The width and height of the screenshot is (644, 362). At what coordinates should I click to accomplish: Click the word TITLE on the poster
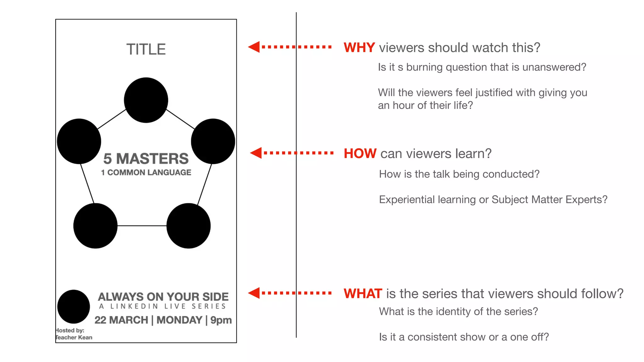[146, 49]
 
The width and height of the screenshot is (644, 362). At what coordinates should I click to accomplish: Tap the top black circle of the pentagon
[146, 100]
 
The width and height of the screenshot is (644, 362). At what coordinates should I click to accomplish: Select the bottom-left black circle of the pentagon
[95, 226]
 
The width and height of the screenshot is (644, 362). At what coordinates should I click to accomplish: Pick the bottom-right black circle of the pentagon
[188, 226]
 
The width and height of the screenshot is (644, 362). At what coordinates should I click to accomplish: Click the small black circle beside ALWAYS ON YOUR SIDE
[74, 306]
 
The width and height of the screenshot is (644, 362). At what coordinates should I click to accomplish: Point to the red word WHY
[359, 48]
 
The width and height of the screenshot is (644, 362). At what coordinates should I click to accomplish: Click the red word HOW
[360, 154]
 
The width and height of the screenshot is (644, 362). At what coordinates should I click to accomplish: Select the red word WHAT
[363, 293]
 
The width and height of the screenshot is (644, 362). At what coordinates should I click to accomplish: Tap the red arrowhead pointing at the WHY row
[254, 47]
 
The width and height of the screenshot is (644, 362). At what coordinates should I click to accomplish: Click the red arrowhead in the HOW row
[256, 153]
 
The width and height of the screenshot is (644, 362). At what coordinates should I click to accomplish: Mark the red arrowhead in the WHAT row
[254, 293]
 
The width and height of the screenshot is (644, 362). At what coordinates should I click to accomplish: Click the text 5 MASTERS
[146, 159]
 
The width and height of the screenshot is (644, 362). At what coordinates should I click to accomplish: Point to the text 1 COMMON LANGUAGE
[146, 173]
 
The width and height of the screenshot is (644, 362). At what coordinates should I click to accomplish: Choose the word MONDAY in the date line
[179, 320]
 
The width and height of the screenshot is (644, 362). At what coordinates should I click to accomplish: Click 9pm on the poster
[221, 320]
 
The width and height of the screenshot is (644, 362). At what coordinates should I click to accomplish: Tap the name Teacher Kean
[74, 337]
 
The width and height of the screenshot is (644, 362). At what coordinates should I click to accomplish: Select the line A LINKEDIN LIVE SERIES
[163, 306]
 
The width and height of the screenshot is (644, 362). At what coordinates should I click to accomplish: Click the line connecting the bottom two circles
[142, 226]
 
